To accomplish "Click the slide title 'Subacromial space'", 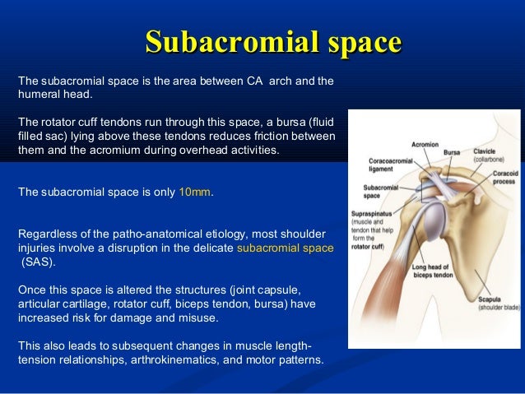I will click(272, 42).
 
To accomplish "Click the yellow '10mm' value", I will click(195, 192).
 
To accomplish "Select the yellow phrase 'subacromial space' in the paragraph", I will click(285, 247).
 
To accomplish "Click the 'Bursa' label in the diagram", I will click(452, 152).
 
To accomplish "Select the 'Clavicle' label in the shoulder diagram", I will click(485, 151).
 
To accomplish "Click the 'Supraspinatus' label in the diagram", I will click(372, 214).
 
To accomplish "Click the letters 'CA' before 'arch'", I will click(255, 81).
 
